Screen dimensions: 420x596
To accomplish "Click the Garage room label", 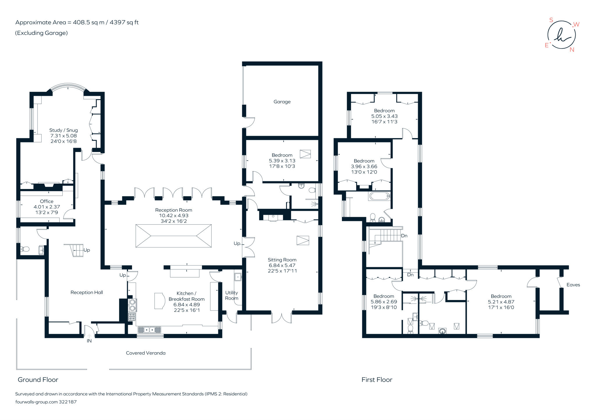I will pos(282,102).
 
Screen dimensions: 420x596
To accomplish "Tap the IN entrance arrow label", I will pos(89,341).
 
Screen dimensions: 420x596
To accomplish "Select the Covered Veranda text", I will pos(146,353).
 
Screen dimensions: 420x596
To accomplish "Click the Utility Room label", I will pos(231,295).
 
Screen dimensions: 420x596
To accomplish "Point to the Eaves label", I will pos(573,285).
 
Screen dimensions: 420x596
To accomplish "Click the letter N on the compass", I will pos(572,50).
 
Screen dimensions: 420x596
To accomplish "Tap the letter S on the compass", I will pos(551,20).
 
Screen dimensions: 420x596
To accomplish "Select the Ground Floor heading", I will pos(38,380).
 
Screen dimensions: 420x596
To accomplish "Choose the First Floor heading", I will pos(377,380).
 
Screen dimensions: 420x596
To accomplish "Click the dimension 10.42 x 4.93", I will pos(173,216).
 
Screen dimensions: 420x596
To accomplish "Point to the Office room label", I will pos(47,201).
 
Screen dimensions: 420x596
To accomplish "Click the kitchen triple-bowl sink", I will pos(149,330).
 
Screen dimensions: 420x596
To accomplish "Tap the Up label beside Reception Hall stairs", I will pos(87,250).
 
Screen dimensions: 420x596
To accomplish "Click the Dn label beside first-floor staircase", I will pos(404,236).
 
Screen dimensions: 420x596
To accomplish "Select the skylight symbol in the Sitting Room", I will pos(303,240).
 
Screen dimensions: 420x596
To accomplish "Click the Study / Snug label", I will pos(63,130).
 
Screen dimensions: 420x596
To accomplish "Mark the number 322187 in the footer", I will pos(68,402).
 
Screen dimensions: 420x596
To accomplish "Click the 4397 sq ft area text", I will pos(124,22).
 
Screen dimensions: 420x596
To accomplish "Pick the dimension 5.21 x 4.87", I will pos(501,302).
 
